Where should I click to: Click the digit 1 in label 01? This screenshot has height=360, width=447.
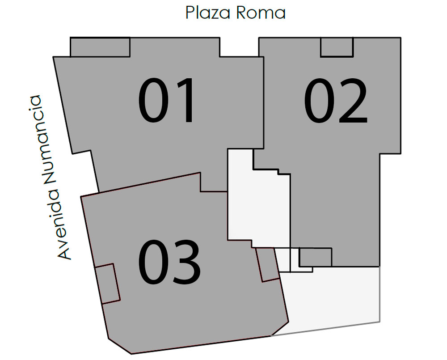[x=183, y=100]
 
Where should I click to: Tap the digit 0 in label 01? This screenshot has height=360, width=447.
[x=154, y=100]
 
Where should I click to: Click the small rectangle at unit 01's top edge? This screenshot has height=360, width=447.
[x=100, y=47]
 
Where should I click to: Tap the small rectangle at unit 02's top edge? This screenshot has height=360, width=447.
[x=337, y=47]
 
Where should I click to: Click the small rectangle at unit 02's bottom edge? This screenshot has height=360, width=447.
[x=315, y=257]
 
